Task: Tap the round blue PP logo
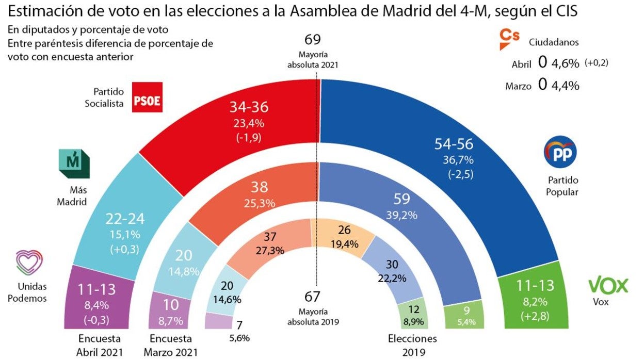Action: pyautogui.click(x=560, y=152)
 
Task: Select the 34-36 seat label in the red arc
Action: pyautogui.click(x=249, y=107)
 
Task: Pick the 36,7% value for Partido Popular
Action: pyautogui.click(x=454, y=160)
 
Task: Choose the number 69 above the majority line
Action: pyautogui.click(x=313, y=40)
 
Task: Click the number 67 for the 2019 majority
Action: pyautogui.click(x=313, y=297)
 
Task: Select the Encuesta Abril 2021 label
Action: pyautogui.click(x=100, y=346)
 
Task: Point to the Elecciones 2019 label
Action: pyautogui.click(x=412, y=346)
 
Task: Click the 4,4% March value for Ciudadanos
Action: pyautogui.click(x=565, y=85)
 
